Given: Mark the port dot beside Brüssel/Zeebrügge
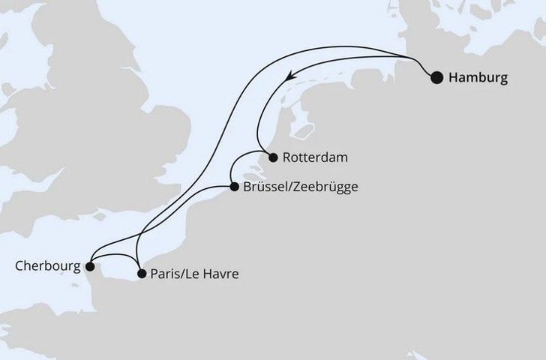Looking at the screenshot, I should tap(234, 187).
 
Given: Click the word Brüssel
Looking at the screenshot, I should tap(264, 187).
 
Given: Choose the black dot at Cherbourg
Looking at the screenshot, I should tap(89, 265).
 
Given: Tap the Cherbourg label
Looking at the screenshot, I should tap(45, 265).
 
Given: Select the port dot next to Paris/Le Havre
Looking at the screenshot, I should tap(142, 274).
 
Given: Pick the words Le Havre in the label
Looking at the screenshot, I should tap(215, 274).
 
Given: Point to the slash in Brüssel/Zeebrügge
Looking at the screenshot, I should tap(287, 187).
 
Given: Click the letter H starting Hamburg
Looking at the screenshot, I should tap(453, 76).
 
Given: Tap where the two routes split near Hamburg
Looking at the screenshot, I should tap(411, 58).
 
